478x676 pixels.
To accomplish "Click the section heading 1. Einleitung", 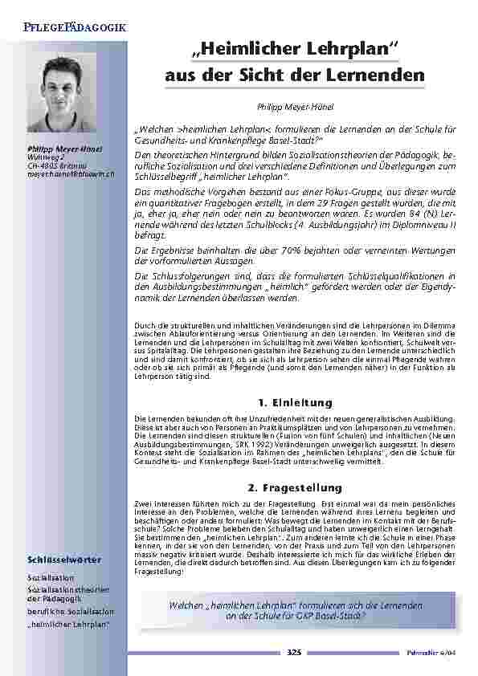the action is click(x=295, y=401).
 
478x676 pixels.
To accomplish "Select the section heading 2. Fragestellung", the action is click(x=295, y=487).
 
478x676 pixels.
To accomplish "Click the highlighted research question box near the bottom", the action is click(x=296, y=609).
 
